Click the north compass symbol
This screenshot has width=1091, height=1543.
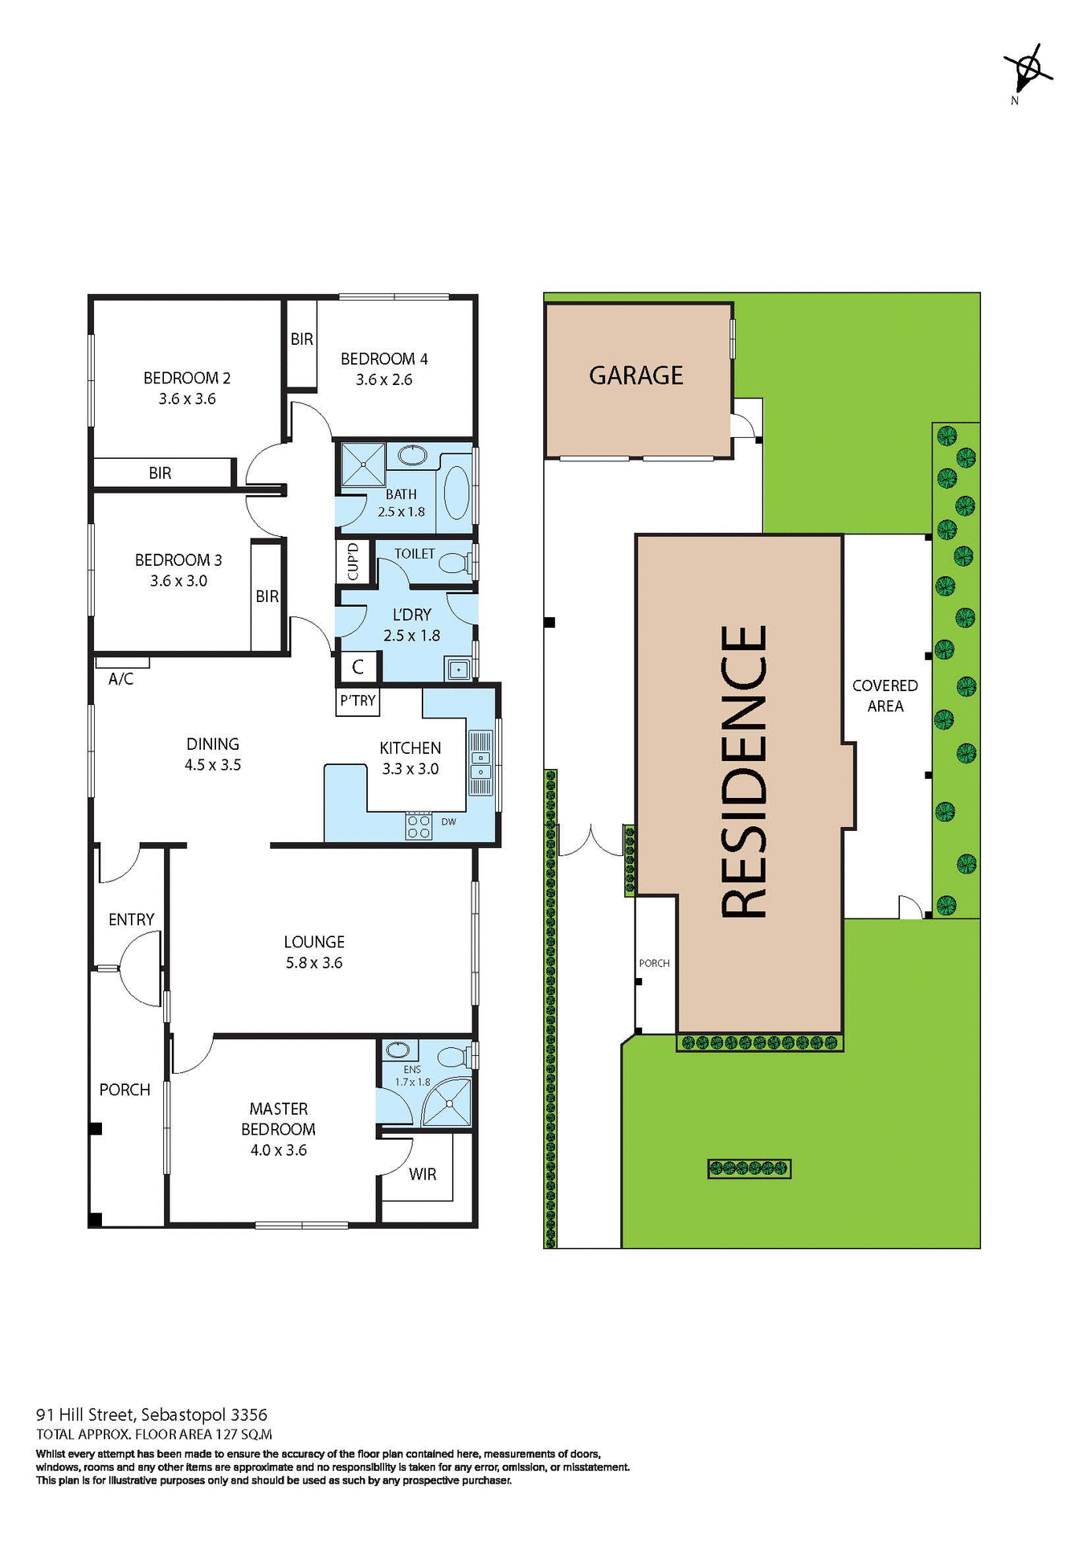[x=1026, y=72]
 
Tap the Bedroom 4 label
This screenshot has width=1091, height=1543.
[x=384, y=359]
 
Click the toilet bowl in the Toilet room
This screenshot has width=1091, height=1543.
[x=455, y=562]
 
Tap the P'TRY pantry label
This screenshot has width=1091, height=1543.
[x=358, y=701]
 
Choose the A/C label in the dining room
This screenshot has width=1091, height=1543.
[x=121, y=679]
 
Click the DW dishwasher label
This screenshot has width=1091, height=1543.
[x=448, y=822]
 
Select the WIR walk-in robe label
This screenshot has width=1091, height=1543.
[x=423, y=1174]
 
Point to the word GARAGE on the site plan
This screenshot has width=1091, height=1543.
[x=635, y=375]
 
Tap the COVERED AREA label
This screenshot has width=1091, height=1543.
[x=885, y=696]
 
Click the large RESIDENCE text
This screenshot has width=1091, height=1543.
[x=743, y=771]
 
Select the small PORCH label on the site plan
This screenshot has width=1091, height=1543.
[x=654, y=963]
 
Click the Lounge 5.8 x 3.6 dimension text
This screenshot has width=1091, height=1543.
[x=314, y=963]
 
